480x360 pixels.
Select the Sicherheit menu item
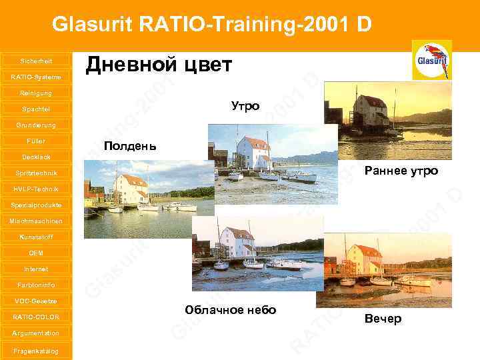pyautogui.click(x=36, y=61)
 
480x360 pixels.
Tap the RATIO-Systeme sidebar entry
pyautogui.click(x=36, y=77)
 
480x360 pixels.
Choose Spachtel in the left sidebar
pyautogui.click(x=36, y=109)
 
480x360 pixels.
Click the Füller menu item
pyautogui.click(x=36, y=141)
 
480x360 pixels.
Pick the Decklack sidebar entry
pyautogui.click(x=36, y=157)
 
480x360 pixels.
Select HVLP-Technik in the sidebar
pyautogui.click(x=36, y=189)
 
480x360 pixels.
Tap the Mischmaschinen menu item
pyautogui.click(x=36, y=221)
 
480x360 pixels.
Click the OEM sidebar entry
pyautogui.click(x=36, y=253)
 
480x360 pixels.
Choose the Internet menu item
pyautogui.click(x=36, y=269)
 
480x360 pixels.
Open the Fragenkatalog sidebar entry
pyautogui.click(x=36, y=351)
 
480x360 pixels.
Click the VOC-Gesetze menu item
pyautogui.click(x=36, y=301)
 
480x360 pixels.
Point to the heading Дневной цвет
pyautogui.click(x=159, y=65)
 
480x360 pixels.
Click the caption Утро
pyautogui.click(x=245, y=106)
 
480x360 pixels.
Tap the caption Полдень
pyautogui.click(x=129, y=146)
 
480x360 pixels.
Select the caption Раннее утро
pyautogui.click(x=401, y=171)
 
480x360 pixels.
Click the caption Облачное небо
pyautogui.click(x=231, y=311)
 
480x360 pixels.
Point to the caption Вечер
pyautogui.click(x=383, y=319)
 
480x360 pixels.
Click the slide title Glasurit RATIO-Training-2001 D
pyautogui.click(x=212, y=25)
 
